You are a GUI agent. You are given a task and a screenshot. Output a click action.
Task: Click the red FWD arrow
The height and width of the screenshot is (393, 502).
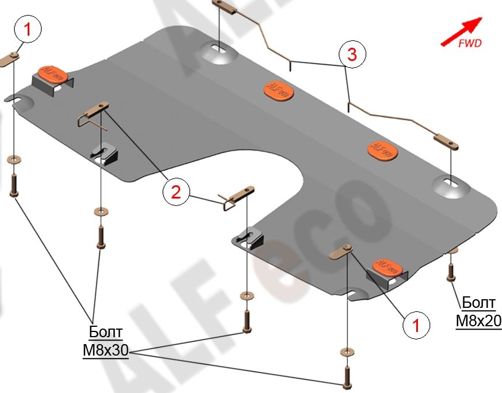point(461,32)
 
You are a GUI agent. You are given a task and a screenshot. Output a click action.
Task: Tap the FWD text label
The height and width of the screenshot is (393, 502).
point(470,43)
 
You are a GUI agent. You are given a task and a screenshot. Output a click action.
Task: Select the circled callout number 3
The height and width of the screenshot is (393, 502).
point(352,54)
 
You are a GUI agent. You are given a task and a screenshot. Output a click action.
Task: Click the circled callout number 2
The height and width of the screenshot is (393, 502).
point(176,193)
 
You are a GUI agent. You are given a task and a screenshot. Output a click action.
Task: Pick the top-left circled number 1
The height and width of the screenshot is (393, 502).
point(28,29)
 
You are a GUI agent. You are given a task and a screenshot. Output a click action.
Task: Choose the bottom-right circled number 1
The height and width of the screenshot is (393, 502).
point(416,325)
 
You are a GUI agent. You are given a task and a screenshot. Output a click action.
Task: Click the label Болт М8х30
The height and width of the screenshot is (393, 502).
point(105,341)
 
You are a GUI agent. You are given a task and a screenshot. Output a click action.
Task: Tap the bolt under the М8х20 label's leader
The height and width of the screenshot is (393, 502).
point(451,272)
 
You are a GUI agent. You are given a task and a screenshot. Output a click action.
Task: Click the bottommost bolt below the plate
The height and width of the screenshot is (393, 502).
point(347,377)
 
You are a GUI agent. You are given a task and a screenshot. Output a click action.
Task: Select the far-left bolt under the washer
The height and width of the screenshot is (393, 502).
point(13,185)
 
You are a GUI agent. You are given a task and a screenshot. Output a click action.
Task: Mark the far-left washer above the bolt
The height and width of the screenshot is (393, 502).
point(13,159)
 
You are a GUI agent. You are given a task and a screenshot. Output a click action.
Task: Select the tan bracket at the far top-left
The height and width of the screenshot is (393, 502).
point(10,60)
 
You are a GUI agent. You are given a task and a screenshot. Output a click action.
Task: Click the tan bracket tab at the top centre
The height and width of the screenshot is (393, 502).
point(224,7)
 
